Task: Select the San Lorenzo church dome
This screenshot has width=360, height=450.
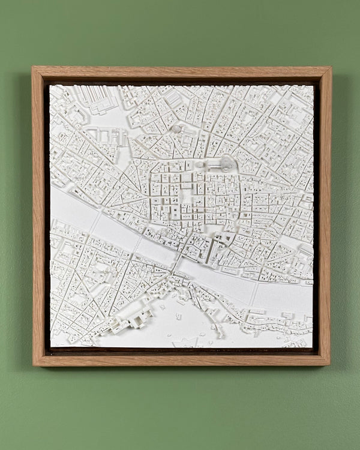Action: [x=176, y=128]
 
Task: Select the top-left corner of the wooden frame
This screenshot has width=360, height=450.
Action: [x=34, y=68]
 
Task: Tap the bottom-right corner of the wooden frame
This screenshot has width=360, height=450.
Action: [x=329, y=364]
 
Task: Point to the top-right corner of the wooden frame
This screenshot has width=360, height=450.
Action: [x=330, y=68]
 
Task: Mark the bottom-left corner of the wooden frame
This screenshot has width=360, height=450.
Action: [x=34, y=364]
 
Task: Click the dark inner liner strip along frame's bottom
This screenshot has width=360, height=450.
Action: [x=180, y=351]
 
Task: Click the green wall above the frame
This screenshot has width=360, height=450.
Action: [x=180, y=33]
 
